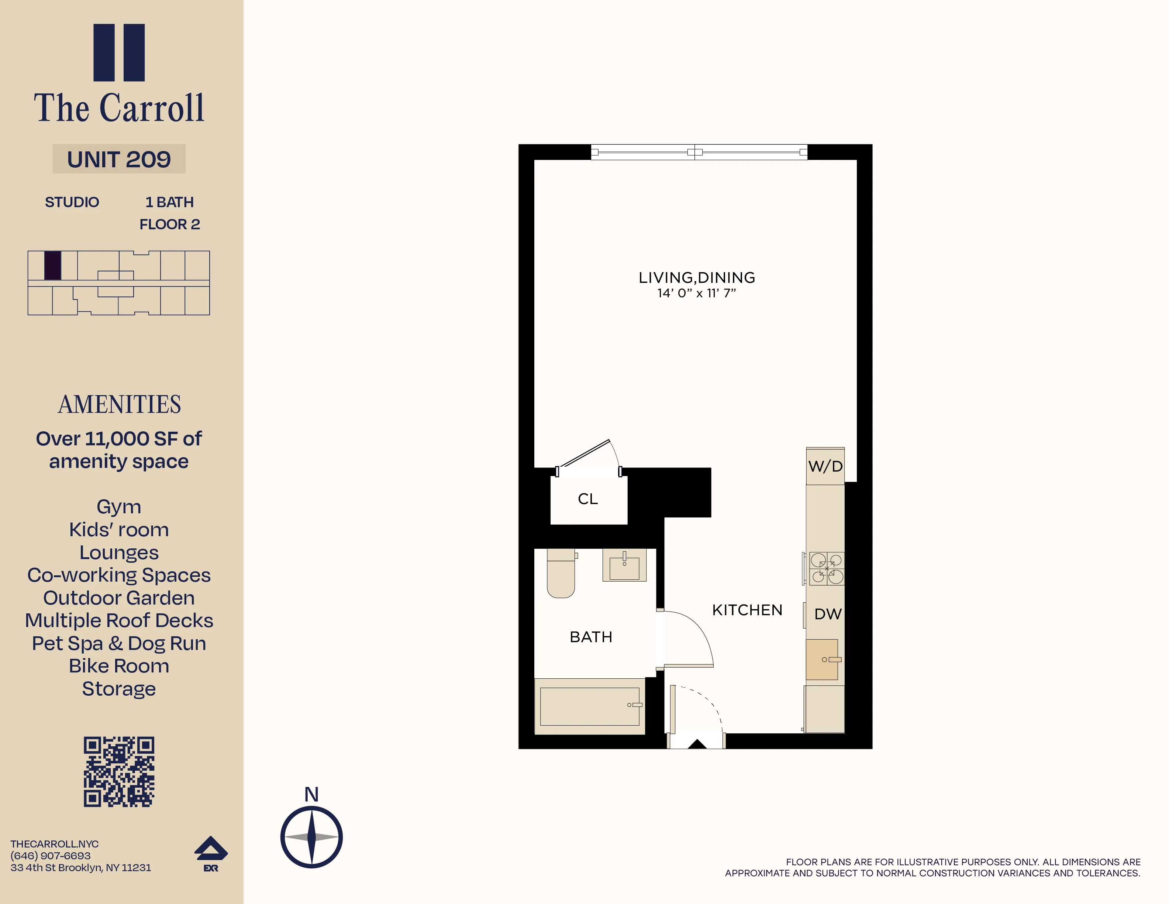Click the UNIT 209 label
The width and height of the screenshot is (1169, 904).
coord(119,159)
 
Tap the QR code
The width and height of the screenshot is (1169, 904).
coord(119,772)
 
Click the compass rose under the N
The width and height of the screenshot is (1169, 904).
coord(311,837)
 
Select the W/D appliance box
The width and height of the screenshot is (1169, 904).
coord(825,466)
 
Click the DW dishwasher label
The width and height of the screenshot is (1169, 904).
coord(828,614)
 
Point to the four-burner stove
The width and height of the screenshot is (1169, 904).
coord(827,569)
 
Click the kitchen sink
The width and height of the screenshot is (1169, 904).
coord(822,659)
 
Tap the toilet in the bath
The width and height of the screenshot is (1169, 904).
coord(561,573)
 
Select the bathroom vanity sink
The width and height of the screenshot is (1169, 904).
coord(624,565)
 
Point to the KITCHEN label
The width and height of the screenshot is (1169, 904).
coord(747,610)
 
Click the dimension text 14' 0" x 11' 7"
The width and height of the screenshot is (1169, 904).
coord(696,293)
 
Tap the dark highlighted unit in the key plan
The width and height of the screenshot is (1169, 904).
coord(52,266)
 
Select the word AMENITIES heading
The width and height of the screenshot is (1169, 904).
coord(119,404)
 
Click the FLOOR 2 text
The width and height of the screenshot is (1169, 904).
coord(170,225)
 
